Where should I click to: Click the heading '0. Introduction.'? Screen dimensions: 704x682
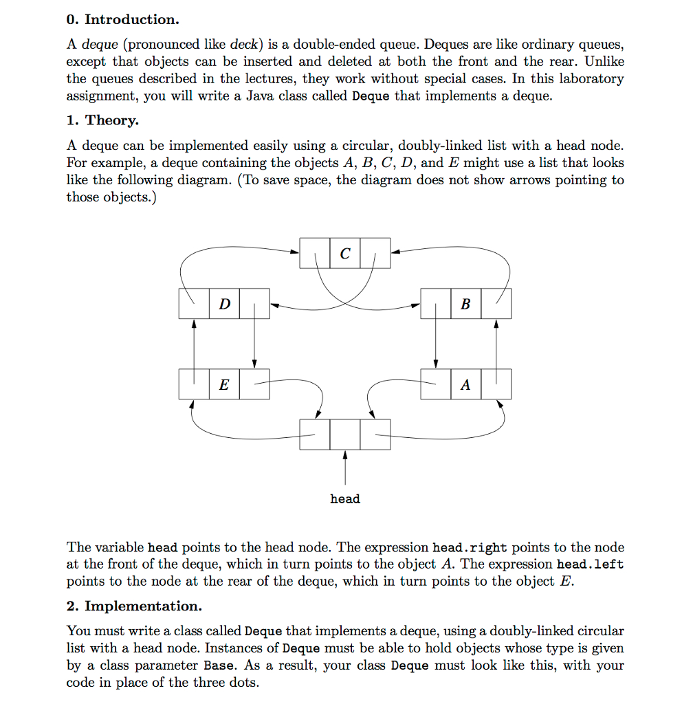(x=122, y=19)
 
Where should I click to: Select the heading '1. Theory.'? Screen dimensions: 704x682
(x=102, y=120)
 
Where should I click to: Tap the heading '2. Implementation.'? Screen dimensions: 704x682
(x=134, y=606)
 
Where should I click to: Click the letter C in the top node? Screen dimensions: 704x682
(x=344, y=254)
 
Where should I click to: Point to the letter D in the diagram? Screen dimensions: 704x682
(x=224, y=304)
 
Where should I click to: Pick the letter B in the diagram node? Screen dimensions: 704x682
(x=465, y=304)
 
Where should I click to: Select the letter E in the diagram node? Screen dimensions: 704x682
(x=223, y=384)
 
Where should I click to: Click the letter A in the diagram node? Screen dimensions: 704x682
(x=465, y=384)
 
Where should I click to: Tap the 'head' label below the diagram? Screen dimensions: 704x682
(x=344, y=498)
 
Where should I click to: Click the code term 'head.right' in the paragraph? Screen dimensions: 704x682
(x=469, y=547)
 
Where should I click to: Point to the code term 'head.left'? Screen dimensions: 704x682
(x=590, y=564)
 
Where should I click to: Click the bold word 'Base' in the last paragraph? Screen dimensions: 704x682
(x=219, y=665)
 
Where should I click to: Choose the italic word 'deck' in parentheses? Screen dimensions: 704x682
(x=242, y=45)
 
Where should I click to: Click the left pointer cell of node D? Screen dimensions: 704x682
(x=193, y=304)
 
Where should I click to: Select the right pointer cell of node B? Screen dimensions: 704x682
(x=496, y=304)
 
